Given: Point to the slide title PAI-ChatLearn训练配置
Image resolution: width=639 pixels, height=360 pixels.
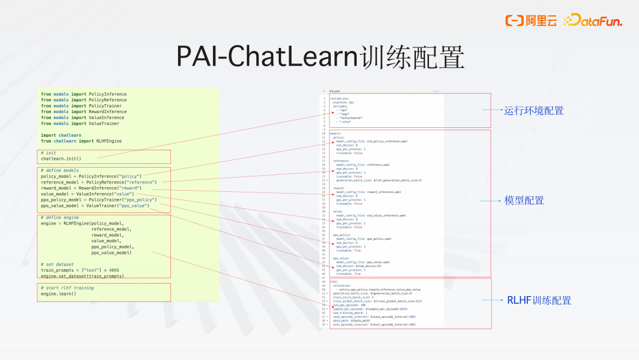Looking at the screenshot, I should tap(320, 56).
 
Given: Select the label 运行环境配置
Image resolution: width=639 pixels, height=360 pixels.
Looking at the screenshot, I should tap(534, 111).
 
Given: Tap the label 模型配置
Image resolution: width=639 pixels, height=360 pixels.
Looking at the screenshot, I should tap(524, 201).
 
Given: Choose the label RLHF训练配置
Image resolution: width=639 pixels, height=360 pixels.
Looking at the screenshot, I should tap(539, 301).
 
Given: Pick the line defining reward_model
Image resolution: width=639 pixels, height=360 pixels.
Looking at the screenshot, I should tap(91, 188).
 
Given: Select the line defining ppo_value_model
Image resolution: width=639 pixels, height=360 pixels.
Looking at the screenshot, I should tap(95, 205).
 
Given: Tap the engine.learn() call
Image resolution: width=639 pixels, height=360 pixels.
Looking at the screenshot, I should tap(59, 294).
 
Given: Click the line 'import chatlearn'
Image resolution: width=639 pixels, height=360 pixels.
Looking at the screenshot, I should tap(61, 136).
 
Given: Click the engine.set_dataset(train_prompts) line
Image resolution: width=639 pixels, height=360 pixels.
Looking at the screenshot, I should tap(83, 276).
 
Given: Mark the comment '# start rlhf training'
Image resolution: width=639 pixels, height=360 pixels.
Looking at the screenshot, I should tap(67, 288).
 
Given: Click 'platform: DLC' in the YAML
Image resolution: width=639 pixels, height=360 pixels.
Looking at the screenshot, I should tap(344, 102).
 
